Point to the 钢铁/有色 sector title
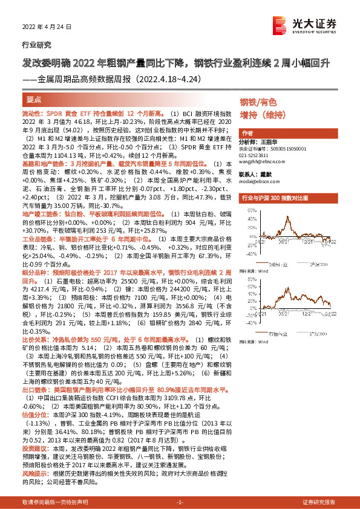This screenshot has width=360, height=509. [258, 102]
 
